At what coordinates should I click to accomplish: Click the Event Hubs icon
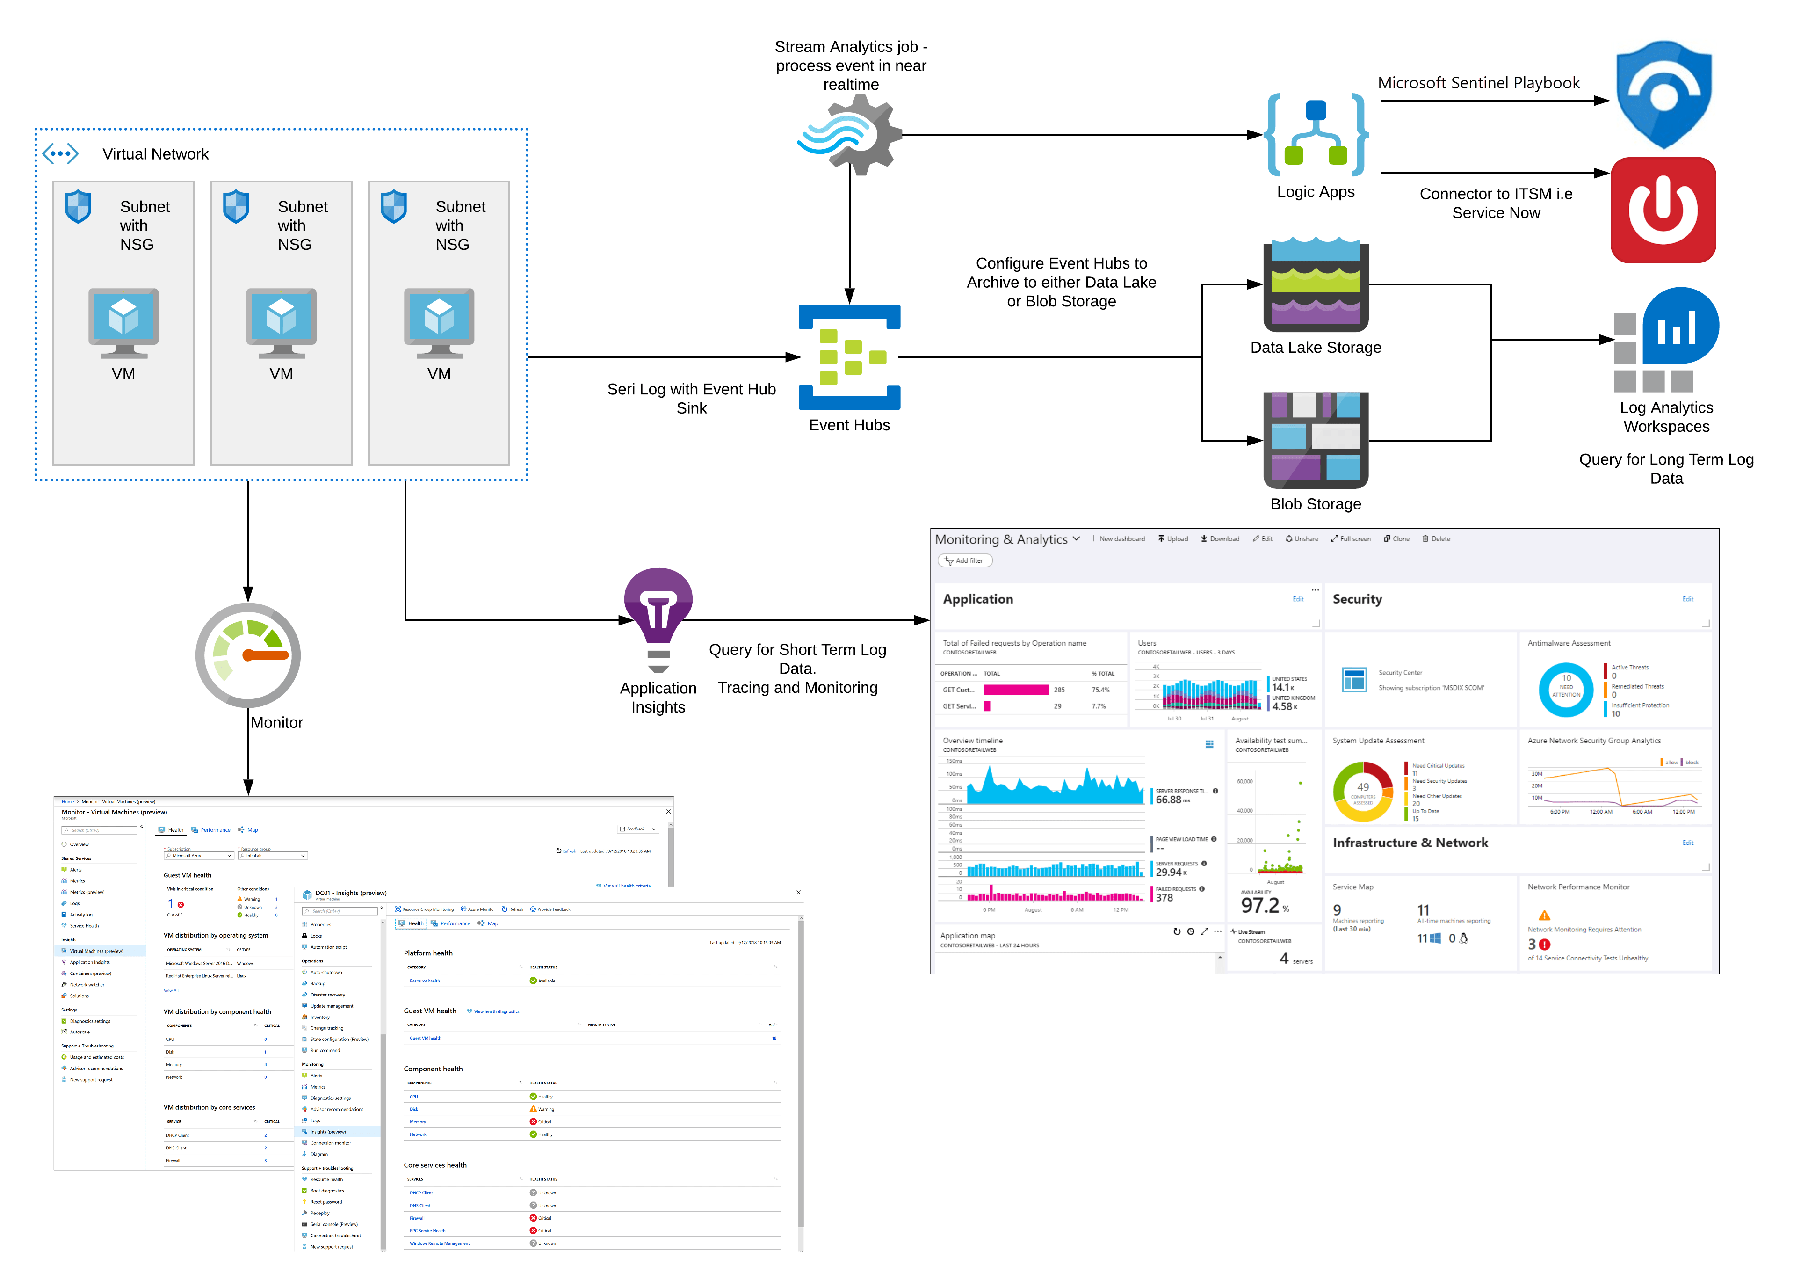tap(849, 356)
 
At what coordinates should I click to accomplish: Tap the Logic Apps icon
tap(1316, 135)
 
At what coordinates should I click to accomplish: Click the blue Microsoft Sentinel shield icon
tap(1664, 95)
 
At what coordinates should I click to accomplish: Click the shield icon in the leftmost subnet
tap(78, 206)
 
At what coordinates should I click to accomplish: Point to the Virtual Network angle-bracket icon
tap(61, 154)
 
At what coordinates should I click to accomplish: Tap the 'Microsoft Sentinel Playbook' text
tap(1478, 83)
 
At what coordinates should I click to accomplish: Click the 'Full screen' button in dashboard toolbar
tap(1351, 539)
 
